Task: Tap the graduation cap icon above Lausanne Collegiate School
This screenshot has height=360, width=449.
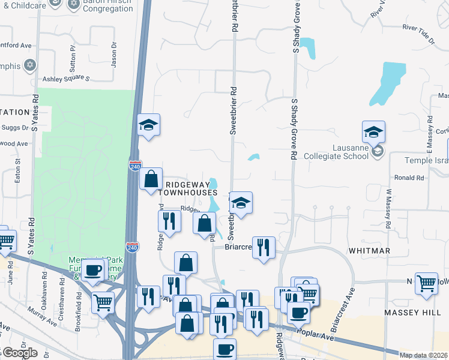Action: click(x=373, y=132)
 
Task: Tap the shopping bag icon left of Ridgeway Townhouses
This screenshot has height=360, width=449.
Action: click(x=150, y=179)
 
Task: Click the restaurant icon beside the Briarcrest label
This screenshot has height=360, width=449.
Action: click(x=264, y=247)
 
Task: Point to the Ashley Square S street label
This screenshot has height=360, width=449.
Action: click(x=65, y=79)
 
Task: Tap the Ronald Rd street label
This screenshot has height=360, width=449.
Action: click(x=409, y=178)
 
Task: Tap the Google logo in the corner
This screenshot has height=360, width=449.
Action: click(x=19, y=352)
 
